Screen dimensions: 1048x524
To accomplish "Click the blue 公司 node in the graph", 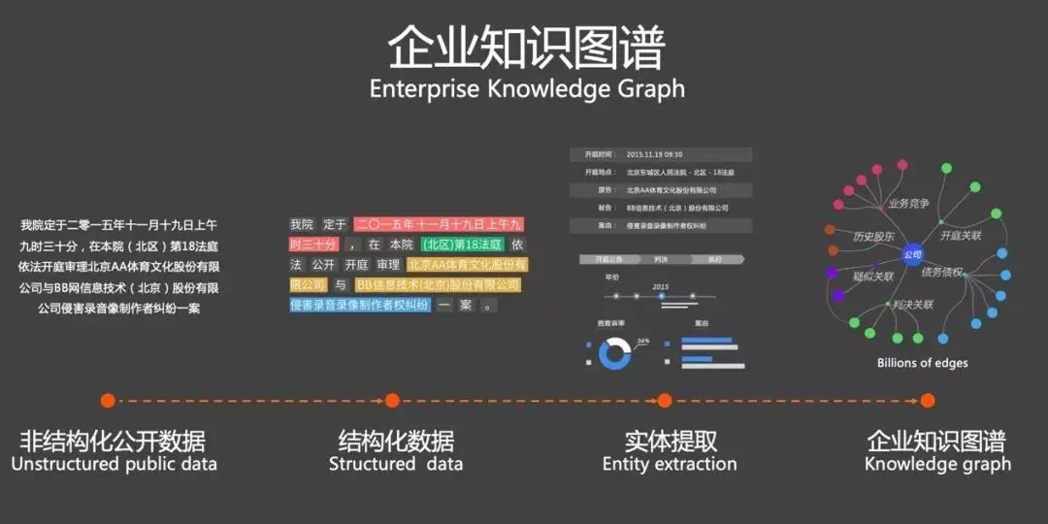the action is click(x=911, y=254).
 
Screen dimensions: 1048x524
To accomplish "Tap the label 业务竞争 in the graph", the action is click(x=908, y=204).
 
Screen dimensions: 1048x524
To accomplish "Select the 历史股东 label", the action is click(x=873, y=236).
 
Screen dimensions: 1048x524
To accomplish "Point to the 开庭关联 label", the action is click(x=961, y=235).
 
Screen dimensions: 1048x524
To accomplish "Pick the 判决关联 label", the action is click(x=912, y=305).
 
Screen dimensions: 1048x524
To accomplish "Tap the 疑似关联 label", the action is click(x=873, y=277).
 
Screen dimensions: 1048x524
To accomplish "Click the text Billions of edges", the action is click(x=922, y=363).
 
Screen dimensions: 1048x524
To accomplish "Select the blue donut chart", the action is click(x=614, y=352).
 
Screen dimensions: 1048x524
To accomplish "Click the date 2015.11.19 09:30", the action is click(x=654, y=154).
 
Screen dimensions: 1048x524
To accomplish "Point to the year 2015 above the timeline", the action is click(x=661, y=286).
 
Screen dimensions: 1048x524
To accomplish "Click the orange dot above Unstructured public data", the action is click(x=108, y=400).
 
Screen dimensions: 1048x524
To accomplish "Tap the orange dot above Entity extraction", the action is click(x=665, y=400).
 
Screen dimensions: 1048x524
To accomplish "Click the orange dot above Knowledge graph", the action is click(x=928, y=400).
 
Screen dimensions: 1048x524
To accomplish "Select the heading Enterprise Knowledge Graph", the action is click(x=527, y=89).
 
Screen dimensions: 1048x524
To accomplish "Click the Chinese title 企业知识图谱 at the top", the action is click(x=527, y=46).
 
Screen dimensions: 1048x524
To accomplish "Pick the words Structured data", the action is click(x=396, y=464).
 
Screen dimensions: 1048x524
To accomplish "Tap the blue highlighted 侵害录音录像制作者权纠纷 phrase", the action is click(x=360, y=305).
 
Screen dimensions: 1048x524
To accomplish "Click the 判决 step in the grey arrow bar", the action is click(x=661, y=259).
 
